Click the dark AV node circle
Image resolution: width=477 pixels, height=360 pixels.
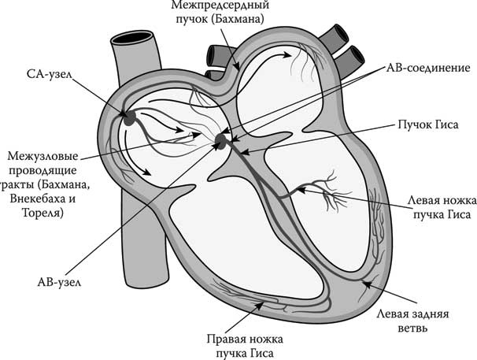click(x=220, y=141)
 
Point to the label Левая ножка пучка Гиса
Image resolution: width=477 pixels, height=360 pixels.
click(x=434, y=206)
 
